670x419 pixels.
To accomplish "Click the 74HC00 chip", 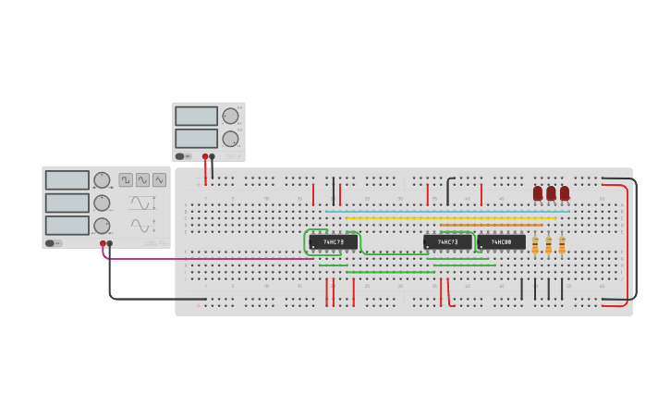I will click(x=501, y=242).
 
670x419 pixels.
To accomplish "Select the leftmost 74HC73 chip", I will click(x=333, y=242).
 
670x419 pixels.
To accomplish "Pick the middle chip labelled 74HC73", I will click(x=447, y=242).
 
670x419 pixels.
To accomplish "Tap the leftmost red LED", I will click(x=538, y=193).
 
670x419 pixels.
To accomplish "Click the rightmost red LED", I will click(x=565, y=193).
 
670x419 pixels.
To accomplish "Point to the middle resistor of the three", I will click(x=548, y=245).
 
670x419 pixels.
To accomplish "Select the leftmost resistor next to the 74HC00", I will click(x=535, y=245).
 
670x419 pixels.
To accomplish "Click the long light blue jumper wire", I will click(x=444, y=212).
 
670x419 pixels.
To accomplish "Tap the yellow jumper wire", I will click(x=444, y=218).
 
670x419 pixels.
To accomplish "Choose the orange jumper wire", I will click(x=490, y=225).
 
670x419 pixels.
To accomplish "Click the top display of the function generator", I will click(x=67, y=180).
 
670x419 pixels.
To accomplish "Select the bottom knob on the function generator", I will click(x=102, y=225).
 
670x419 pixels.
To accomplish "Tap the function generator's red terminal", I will click(x=103, y=243).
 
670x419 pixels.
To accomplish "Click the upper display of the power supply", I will click(x=196, y=117).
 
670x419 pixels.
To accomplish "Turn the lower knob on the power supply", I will click(x=230, y=139).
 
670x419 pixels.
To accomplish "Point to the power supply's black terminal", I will click(x=213, y=156).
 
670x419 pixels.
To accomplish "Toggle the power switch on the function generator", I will click(x=54, y=243).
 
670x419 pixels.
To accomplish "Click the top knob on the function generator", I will click(x=102, y=180).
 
